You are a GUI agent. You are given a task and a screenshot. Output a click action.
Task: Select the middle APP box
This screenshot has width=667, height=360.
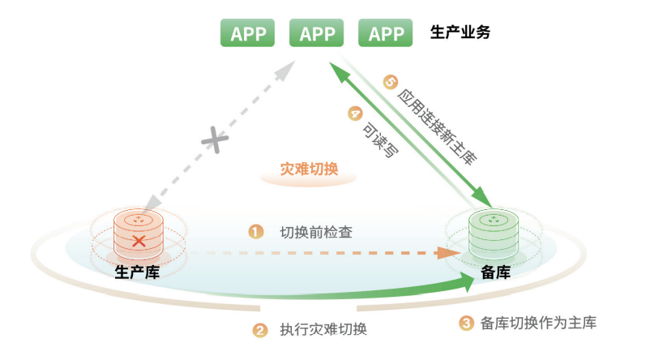click(317, 33)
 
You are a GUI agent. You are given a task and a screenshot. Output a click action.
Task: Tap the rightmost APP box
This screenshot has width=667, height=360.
click(386, 33)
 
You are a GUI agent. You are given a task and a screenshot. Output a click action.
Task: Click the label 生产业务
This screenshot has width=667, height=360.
click(460, 33)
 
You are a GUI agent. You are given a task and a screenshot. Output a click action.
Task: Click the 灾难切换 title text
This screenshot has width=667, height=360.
click(310, 170)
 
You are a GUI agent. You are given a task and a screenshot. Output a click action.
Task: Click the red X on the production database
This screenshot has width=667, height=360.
click(139, 241)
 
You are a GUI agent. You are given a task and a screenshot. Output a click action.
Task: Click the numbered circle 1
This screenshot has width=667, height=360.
click(256, 232)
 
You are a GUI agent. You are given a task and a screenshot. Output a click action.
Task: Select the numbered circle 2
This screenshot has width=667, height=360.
click(260, 330)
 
